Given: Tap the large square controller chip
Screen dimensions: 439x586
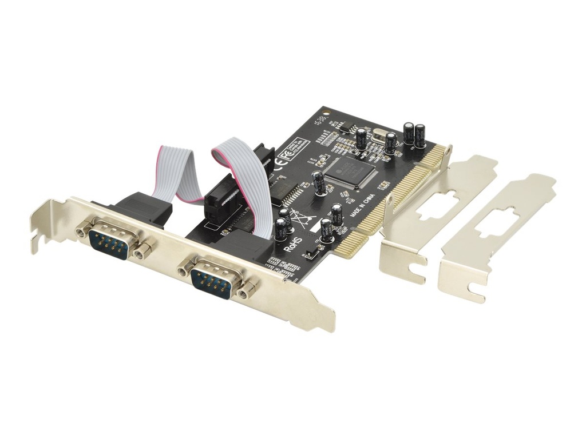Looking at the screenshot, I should (x=350, y=171).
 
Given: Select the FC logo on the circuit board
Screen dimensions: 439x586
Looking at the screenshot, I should (x=284, y=154).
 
